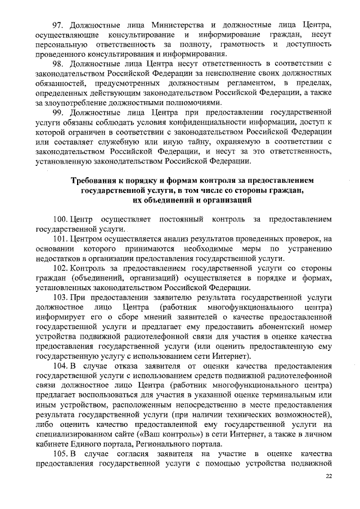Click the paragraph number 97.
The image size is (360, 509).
(x=58, y=25)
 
